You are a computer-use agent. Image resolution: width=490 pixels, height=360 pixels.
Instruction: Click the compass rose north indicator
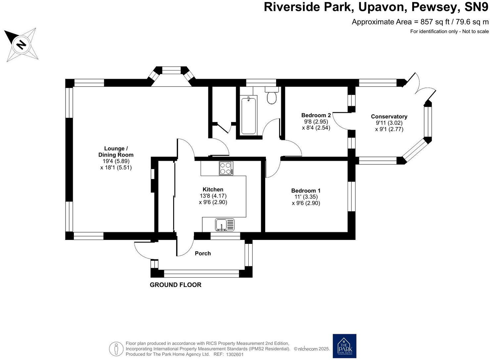point(21,44)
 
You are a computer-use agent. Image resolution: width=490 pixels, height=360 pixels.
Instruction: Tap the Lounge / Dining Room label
point(116,152)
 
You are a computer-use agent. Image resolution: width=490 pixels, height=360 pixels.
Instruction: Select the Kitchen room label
point(213,190)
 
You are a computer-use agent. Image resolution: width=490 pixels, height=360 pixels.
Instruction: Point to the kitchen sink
point(224,225)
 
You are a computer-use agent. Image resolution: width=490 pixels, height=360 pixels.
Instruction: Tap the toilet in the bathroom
point(272,96)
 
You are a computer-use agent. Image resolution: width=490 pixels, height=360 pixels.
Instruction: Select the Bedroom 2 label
point(316,115)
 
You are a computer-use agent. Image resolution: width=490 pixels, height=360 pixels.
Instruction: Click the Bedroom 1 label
point(306,191)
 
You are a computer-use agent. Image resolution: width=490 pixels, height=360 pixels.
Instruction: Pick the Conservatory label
point(389,116)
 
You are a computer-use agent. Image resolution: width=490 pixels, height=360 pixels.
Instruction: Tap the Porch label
point(203,253)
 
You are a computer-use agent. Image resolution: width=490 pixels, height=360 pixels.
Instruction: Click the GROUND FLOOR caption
point(175,285)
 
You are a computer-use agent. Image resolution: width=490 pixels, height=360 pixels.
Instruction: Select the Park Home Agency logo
point(344,346)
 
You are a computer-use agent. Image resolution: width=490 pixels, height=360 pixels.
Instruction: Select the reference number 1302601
point(235,354)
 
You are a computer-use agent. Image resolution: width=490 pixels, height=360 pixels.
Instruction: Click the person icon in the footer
point(116,349)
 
